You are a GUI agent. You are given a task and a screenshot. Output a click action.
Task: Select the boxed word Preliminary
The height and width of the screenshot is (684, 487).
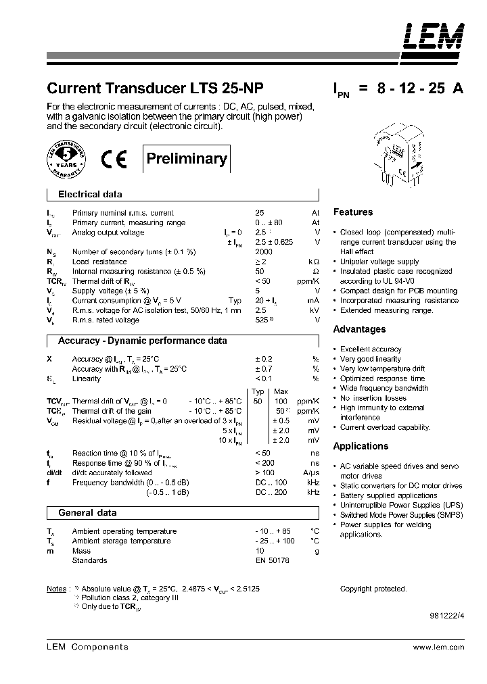click(187, 159)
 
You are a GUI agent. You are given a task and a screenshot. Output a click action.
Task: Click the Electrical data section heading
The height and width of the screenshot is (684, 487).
click(90, 195)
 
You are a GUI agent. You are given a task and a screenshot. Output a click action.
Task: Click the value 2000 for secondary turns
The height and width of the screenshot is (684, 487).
click(264, 251)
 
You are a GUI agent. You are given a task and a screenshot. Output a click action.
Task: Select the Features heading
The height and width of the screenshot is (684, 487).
click(352, 212)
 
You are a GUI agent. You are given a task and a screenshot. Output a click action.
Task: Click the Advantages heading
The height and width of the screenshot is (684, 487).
click(359, 330)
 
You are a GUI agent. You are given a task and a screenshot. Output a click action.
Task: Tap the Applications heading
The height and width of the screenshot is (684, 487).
click(361, 446)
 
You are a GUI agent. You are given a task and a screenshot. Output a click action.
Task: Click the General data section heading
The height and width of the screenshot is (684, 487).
click(87, 513)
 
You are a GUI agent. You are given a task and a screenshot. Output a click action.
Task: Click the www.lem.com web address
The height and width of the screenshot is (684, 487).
click(438, 647)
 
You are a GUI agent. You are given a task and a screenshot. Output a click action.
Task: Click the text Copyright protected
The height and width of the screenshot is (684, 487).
click(373, 589)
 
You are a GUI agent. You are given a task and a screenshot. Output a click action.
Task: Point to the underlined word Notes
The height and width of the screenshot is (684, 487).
click(56, 589)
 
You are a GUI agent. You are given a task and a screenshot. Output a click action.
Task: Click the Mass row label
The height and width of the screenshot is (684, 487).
click(81, 551)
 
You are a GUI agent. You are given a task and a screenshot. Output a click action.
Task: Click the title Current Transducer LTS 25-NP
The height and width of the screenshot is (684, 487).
click(155, 89)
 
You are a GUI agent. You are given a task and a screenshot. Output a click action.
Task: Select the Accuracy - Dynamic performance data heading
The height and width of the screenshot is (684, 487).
click(142, 341)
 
